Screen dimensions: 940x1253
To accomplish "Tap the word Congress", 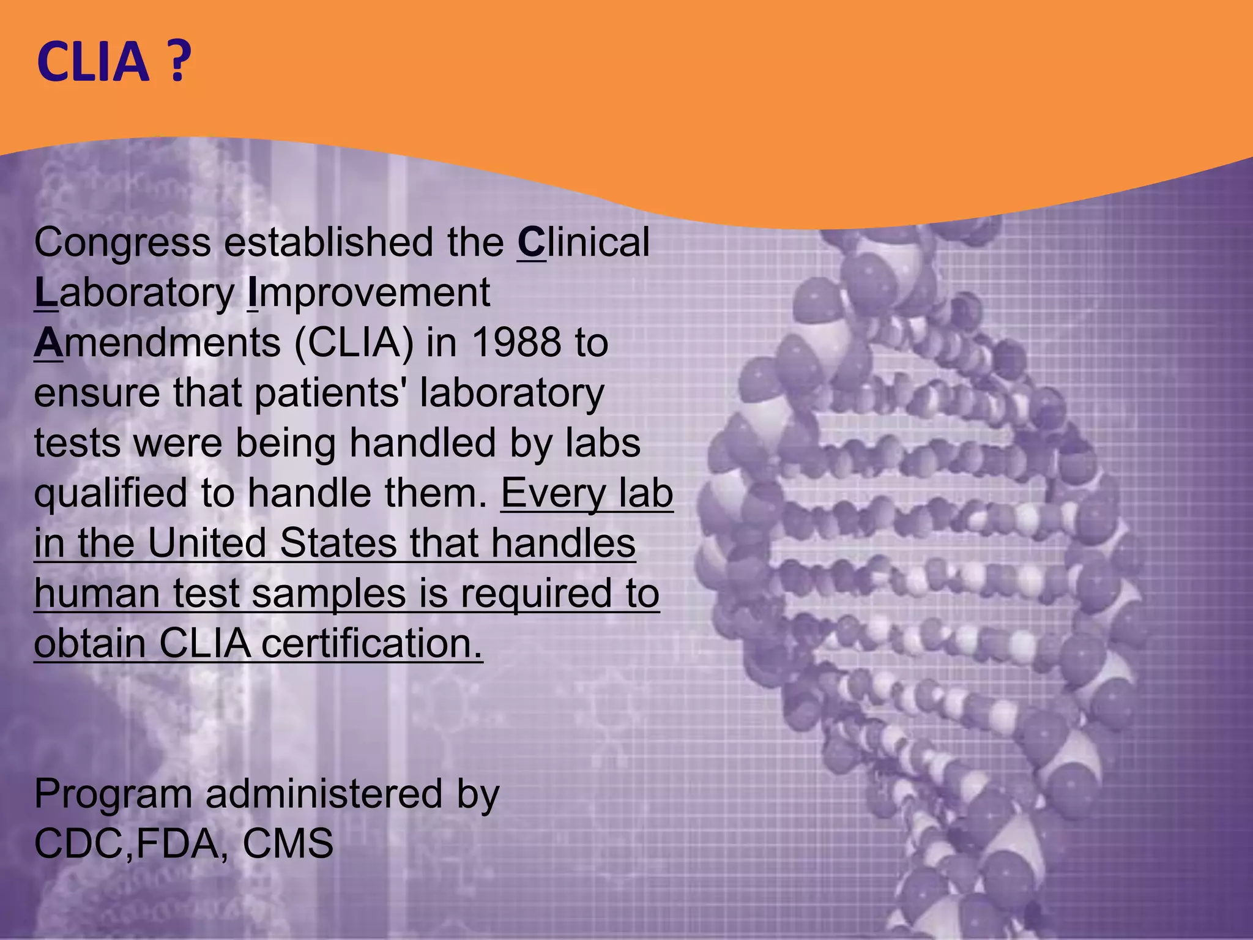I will coord(122,242).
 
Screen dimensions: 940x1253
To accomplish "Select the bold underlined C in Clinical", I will coord(530,242).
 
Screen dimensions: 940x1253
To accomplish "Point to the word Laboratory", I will coord(134,293).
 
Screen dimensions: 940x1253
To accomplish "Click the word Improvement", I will coord(368,293).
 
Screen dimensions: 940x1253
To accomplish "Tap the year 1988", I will coord(517,343).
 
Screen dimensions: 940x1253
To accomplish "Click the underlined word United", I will coord(207,543).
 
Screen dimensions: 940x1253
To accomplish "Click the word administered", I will coord(323,794).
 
